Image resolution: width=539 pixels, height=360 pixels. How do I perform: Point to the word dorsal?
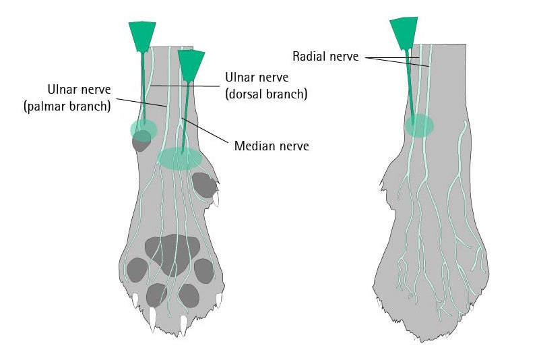[x=243, y=94]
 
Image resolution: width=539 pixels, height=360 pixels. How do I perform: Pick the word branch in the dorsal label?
[x=287, y=94]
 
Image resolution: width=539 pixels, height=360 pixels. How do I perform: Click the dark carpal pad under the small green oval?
[x=141, y=141]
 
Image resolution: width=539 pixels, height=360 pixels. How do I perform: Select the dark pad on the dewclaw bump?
[x=203, y=184]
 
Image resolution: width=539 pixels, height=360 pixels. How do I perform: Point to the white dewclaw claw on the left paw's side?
[x=217, y=199]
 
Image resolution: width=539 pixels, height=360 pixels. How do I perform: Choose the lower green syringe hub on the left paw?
[x=191, y=63]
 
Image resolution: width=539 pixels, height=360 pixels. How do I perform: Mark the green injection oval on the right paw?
[x=419, y=125]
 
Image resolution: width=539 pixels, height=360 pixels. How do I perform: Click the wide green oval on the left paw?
[x=180, y=158]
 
